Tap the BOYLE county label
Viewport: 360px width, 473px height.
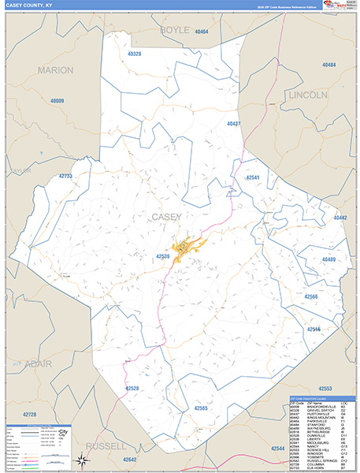coord(175,29)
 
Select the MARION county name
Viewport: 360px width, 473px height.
coord(55,70)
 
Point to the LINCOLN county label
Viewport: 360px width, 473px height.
coord(308,95)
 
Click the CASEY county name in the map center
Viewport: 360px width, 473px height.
coord(165,216)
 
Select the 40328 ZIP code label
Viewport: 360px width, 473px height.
coord(133,54)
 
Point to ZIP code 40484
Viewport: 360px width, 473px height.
coord(329,65)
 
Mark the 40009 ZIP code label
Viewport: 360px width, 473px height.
coord(58,101)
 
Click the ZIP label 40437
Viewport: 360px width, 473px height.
coord(234,125)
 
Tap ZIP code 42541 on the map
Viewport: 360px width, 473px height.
coord(257,178)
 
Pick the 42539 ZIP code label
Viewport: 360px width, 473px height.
coord(163,256)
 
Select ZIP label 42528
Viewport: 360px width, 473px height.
coord(132,389)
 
